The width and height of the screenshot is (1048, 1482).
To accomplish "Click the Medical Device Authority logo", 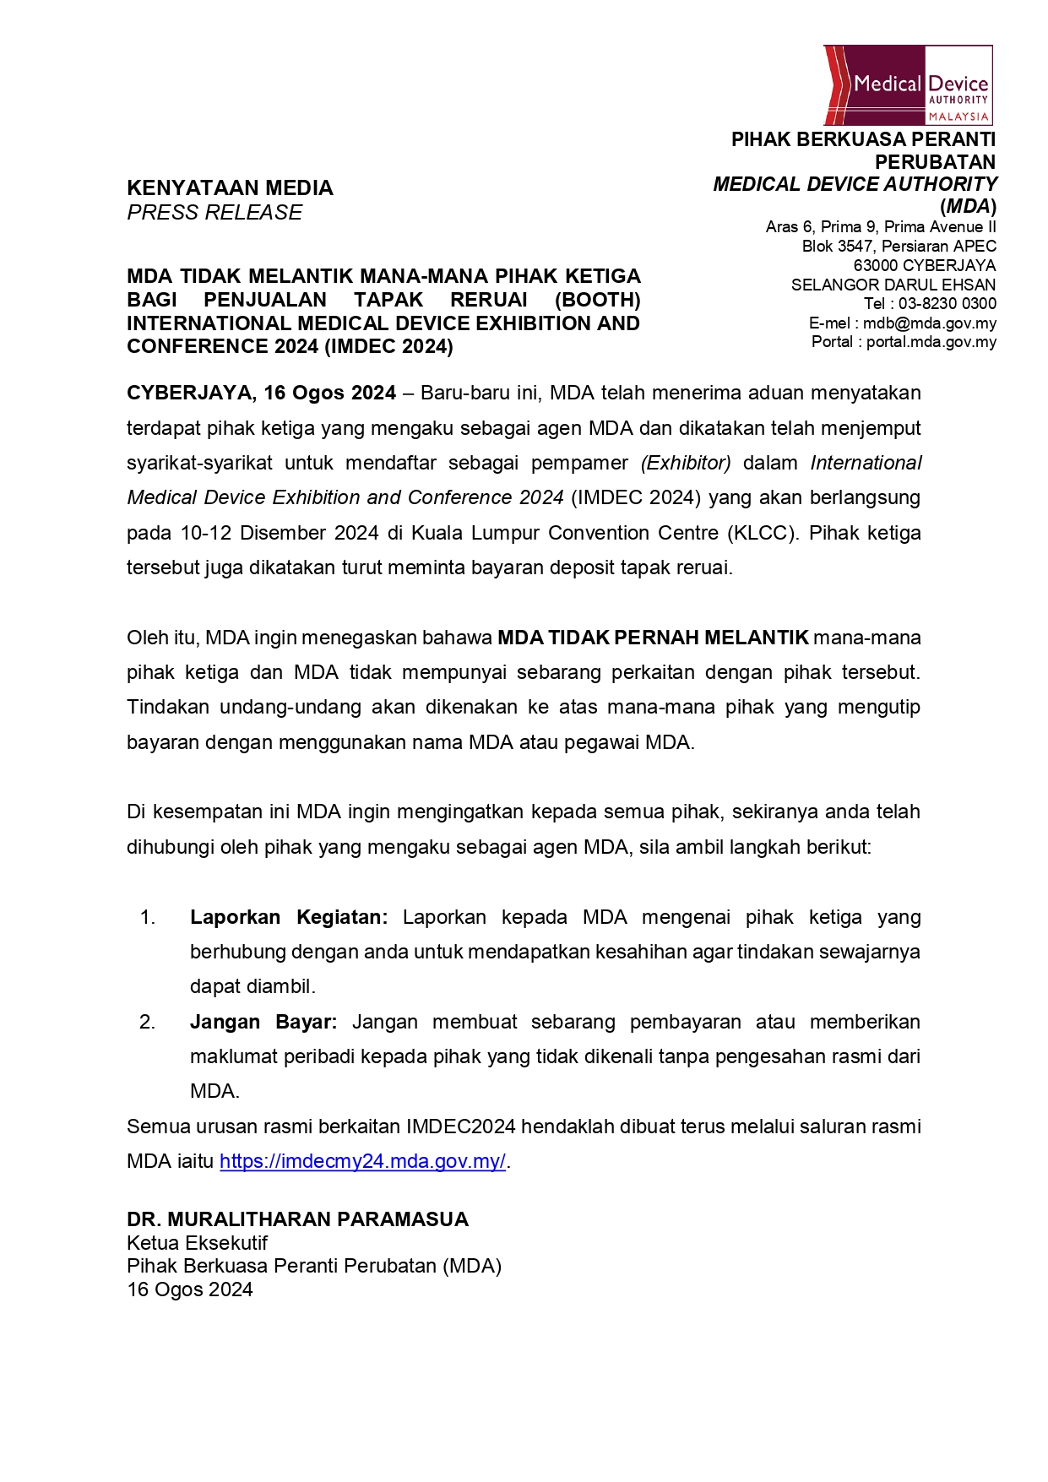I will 908,85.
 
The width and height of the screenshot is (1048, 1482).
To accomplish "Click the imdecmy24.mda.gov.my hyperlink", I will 362,1161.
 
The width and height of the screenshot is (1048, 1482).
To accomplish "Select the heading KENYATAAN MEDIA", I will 230,187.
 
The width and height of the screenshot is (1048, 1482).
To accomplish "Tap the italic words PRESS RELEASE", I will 214,212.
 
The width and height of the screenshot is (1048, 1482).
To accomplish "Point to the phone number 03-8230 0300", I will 947,304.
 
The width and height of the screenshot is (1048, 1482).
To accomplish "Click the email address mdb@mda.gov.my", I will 929,323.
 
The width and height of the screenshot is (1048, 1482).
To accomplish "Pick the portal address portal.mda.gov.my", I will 931,342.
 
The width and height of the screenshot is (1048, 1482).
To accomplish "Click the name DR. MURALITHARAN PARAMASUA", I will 297,1219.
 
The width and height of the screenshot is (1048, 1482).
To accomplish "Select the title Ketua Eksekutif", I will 197,1243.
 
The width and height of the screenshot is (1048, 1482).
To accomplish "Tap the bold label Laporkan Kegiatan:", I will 289,917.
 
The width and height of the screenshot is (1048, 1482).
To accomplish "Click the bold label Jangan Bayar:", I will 263,1022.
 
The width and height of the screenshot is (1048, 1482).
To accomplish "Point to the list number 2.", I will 147,1022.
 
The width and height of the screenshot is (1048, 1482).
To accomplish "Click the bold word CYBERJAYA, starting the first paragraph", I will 190,393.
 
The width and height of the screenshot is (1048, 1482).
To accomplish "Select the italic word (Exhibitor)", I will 686,463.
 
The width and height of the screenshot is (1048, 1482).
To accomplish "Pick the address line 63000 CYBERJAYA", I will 924,265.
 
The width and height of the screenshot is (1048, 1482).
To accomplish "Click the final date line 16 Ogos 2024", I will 190,1289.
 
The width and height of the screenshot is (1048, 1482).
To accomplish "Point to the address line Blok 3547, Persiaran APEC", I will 899,246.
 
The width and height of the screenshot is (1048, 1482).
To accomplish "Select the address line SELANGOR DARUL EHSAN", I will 893,285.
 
